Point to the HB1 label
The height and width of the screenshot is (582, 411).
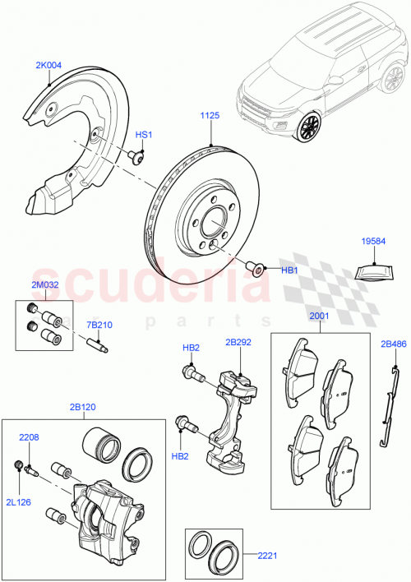pos(289,269)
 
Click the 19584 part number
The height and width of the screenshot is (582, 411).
pos(372,242)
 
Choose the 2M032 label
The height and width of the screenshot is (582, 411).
pos(46,284)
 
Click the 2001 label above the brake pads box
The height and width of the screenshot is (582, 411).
pos(318,316)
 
